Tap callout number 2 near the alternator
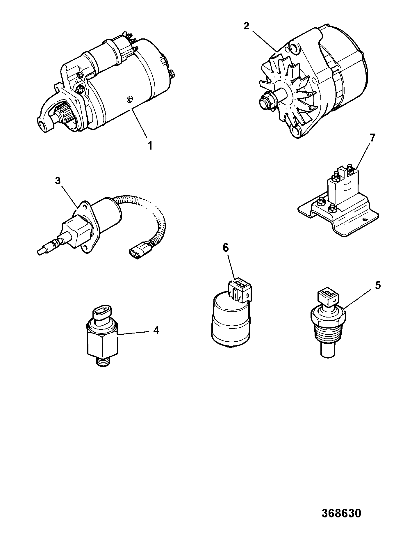246,26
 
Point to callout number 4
156,330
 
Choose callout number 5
377,285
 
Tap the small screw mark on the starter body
129,100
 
